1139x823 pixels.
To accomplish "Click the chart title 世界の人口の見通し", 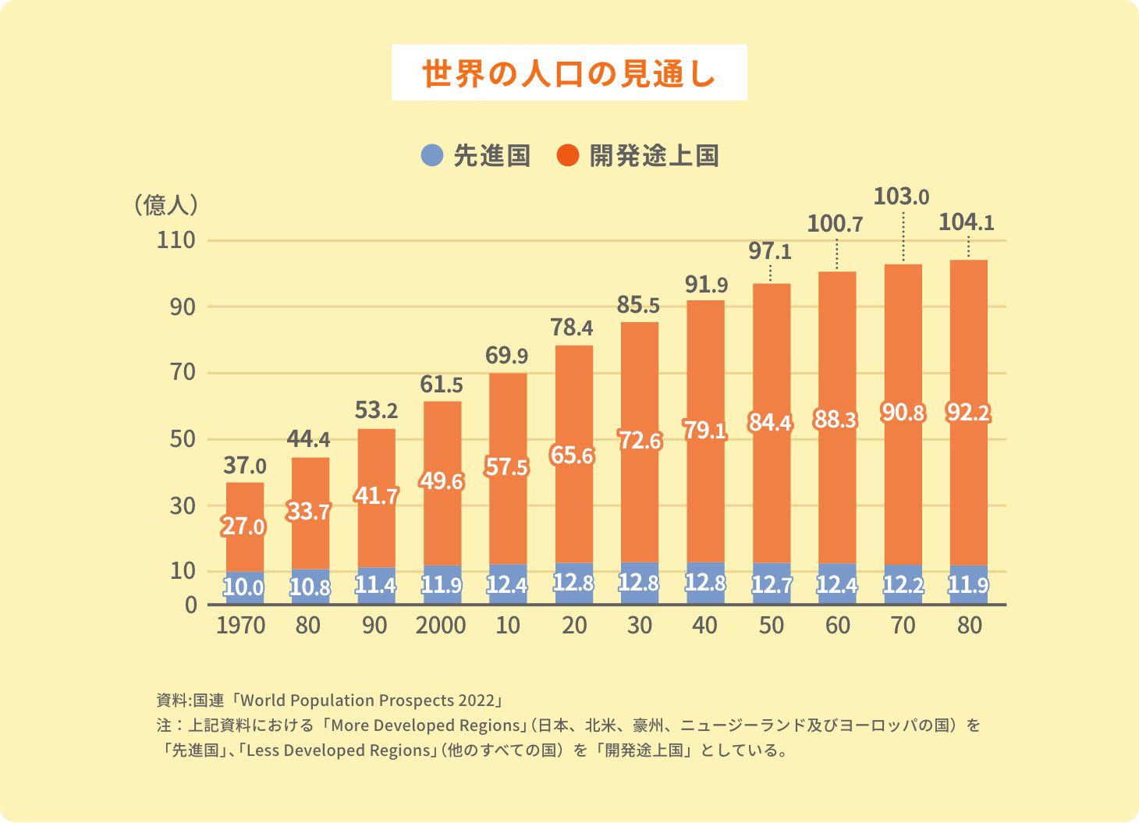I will [x=569, y=73].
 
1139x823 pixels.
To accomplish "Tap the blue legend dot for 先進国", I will [x=431, y=155].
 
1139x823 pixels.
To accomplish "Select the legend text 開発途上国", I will [x=654, y=155].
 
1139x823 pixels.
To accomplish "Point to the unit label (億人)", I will [x=165, y=204].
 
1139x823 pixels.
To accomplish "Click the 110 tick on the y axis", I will [x=176, y=240].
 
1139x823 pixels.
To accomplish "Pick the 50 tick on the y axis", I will [x=183, y=439].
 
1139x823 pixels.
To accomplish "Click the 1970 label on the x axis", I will [x=241, y=626].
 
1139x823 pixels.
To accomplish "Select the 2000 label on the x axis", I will [x=441, y=626].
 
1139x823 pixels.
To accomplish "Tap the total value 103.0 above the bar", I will [x=901, y=197].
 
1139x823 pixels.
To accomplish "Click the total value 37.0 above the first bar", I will [x=245, y=466].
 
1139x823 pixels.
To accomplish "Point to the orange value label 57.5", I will [x=506, y=466].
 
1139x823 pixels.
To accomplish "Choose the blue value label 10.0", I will [x=243, y=587].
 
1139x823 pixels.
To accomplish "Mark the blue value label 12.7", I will [x=772, y=585].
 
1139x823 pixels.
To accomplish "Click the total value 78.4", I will [x=572, y=328].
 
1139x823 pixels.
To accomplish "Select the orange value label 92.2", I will [x=968, y=412].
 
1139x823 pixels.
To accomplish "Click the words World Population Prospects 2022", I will [x=367, y=700].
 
